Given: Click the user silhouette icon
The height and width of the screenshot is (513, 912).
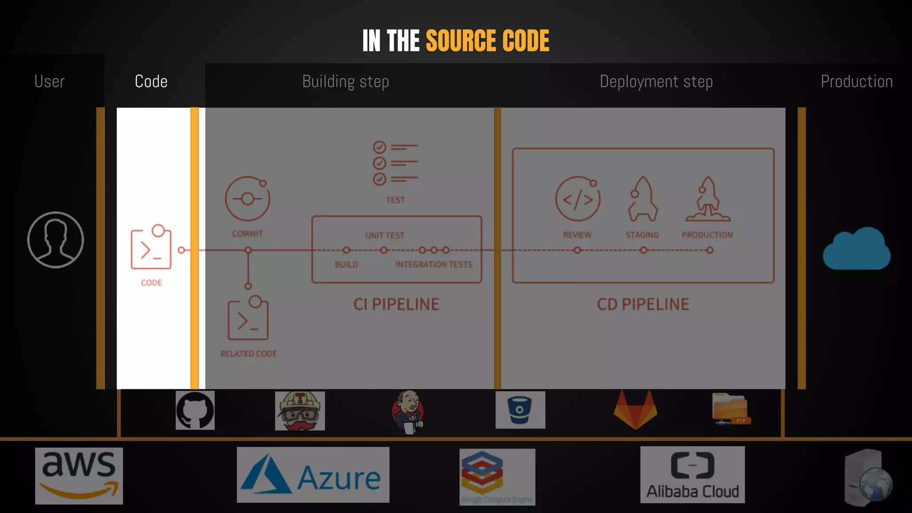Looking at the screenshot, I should pos(55,240).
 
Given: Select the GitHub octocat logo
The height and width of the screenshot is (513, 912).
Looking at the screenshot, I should pos(195,410).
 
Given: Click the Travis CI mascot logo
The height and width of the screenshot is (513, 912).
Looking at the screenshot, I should pos(300,411).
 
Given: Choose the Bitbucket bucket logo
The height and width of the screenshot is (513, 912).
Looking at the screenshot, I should pos(520,410).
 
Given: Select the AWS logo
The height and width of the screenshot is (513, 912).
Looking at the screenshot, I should pos(79,476).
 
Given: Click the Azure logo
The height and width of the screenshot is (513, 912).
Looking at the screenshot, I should pos(313,475).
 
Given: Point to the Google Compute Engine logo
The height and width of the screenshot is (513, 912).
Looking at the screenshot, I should pos(497,476).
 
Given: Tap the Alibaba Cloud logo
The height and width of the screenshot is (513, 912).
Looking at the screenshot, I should pos(692,475).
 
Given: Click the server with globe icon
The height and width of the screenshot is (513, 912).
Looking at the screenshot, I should pos(867,478).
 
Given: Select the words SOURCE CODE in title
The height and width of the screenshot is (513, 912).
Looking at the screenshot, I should pos(487,41).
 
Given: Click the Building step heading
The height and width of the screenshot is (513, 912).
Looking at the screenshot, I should pos(346,82).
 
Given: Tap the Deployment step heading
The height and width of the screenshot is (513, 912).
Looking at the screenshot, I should pos(656,82).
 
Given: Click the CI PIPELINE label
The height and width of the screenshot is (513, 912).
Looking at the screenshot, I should pos(396,305).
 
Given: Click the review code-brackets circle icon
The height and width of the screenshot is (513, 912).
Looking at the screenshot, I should pos(578,199).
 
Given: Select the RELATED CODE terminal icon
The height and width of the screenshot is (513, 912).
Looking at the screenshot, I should pos(248,319).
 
